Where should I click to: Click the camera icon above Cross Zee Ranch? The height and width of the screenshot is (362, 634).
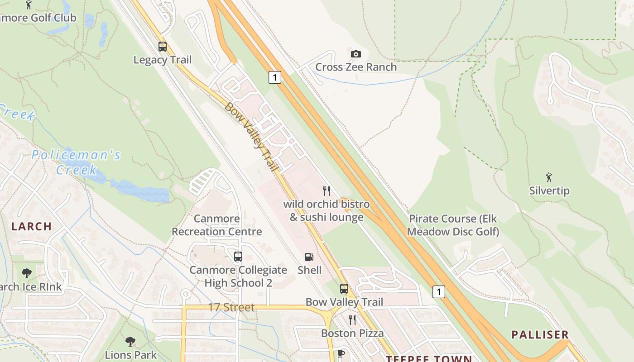[x=356, y=54]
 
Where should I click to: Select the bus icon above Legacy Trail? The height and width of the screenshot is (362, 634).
[x=162, y=47]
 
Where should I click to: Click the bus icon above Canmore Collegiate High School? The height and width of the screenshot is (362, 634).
[x=238, y=257]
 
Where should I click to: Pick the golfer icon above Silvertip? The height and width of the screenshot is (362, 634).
[x=549, y=177]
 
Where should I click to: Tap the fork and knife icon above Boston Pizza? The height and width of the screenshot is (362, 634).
[x=352, y=320]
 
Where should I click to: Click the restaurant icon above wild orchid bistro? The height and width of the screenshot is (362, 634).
[x=326, y=191]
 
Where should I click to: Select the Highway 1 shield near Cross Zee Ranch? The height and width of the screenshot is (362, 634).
[x=274, y=77]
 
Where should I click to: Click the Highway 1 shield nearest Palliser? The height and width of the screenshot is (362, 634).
[x=438, y=292]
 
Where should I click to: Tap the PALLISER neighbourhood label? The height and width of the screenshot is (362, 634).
[x=540, y=335]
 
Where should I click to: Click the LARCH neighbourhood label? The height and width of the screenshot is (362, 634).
[x=32, y=227]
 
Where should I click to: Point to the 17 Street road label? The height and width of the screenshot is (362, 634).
[x=231, y=308]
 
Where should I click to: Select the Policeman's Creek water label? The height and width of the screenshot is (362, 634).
[x=76, y=162]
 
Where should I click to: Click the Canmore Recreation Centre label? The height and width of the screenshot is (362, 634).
[x=217, y=225]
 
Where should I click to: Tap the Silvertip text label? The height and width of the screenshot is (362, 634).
[x=549, y=191]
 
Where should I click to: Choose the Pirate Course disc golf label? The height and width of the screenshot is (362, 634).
[x=453, y=225]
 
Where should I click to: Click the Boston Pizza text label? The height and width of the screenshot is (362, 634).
[x=352, y=333]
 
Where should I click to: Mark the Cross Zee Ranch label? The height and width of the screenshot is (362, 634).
[x=356, y=67]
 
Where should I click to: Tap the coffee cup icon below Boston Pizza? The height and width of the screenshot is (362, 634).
[x=341, y=353]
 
